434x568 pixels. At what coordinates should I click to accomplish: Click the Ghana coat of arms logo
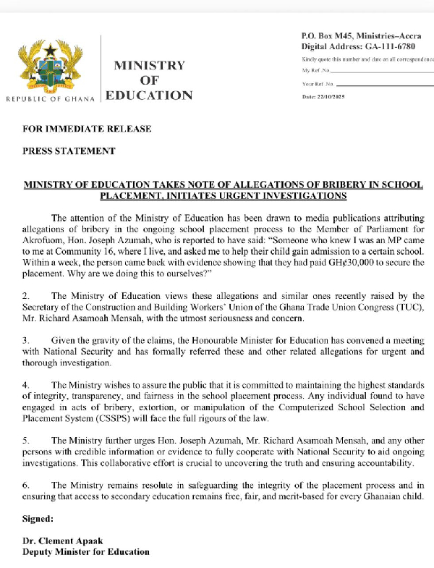50,66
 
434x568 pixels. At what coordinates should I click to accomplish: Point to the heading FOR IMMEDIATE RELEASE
87,129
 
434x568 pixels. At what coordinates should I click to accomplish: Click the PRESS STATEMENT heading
69,151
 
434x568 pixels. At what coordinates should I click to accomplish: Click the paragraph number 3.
26,339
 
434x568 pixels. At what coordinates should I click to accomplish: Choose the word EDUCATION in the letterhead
149,96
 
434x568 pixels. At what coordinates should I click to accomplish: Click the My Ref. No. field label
316,71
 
